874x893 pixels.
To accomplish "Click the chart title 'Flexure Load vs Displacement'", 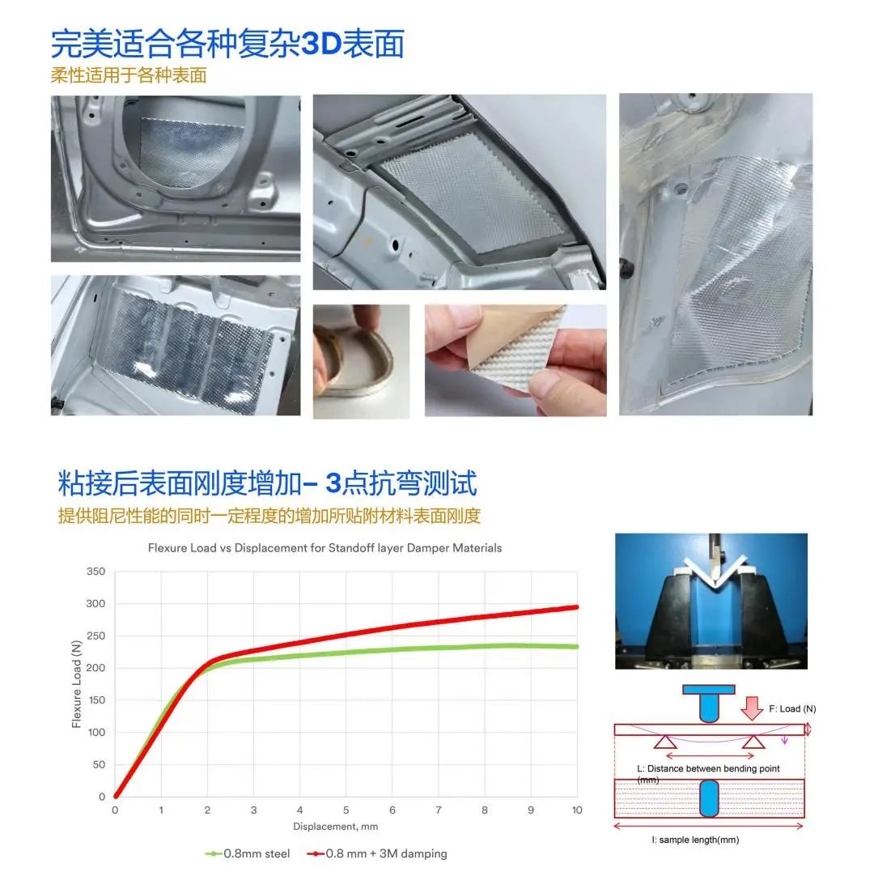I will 325,548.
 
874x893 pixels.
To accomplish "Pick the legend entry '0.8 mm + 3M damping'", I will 378,853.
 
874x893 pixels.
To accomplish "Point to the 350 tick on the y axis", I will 96,572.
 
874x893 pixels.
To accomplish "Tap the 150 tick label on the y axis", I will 96,700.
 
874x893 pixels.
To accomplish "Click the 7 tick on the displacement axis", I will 439,810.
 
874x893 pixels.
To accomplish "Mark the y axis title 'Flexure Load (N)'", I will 77,684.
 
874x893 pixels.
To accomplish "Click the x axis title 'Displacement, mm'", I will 335,827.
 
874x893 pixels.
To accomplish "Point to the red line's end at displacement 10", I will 576,607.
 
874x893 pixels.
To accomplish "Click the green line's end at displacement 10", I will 576,646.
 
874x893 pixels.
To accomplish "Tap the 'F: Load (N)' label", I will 792,709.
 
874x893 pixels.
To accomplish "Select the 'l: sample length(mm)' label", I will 695,840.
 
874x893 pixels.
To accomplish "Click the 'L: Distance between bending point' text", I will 708,768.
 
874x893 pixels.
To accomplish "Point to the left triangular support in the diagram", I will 665,741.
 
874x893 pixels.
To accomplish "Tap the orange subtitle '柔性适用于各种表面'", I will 129,76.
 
